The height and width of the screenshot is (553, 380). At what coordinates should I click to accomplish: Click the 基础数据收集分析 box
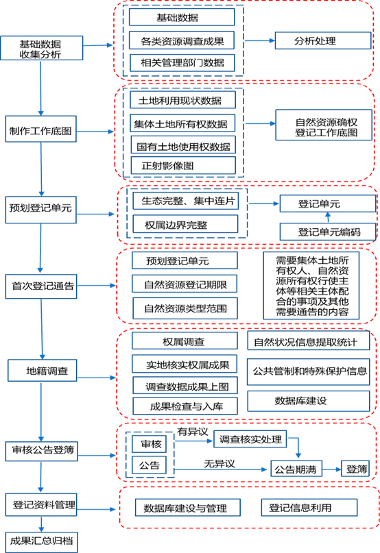42,48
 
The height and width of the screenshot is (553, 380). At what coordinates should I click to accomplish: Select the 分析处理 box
323,40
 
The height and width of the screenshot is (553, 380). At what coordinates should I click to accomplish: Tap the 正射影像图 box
183,165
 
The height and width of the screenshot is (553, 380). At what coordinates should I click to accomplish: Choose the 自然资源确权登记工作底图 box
324,125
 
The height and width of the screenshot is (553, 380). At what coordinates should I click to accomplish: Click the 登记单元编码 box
328,232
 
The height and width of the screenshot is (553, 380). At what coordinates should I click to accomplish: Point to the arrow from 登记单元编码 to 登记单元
328,217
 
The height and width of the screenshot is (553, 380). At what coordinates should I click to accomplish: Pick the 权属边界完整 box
185,224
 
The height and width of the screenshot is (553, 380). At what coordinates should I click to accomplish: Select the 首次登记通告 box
41,286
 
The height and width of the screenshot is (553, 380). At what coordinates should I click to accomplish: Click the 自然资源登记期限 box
185,284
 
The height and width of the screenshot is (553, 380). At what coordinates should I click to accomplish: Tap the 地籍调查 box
43,370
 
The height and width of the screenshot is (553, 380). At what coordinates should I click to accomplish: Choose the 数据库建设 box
308,401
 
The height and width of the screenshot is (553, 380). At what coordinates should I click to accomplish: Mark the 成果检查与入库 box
185,406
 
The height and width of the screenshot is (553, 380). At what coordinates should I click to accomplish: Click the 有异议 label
193,432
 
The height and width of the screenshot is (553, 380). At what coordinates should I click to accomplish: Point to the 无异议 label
219,464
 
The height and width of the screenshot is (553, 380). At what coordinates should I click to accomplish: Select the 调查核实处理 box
250,439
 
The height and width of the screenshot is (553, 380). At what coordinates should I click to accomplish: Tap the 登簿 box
355,469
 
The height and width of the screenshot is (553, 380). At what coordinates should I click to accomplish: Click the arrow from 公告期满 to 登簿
331,469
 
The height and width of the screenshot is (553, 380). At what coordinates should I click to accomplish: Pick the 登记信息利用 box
309,508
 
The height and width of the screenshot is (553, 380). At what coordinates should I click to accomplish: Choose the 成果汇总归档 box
42,542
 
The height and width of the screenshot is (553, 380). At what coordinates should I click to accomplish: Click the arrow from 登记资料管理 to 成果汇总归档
41,524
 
